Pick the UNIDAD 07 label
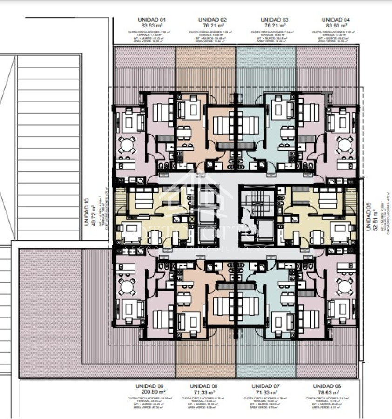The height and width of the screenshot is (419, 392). coord(265,386)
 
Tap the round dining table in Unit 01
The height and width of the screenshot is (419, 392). coord(126,146)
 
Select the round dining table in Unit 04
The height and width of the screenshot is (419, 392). coord(345,146)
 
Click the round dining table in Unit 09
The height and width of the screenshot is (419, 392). coord(126,287)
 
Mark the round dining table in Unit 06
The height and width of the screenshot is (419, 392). coord(345,287)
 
